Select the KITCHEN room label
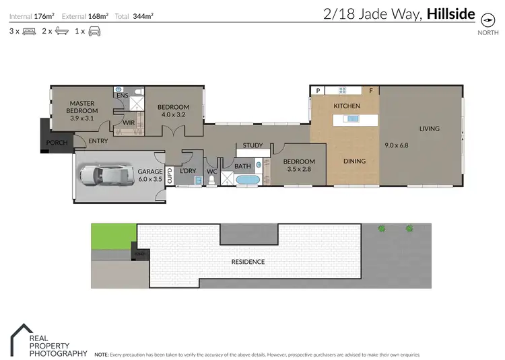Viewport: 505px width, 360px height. click(347, 106)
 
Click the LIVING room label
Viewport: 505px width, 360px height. click(429, 129)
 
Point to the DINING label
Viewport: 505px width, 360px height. click(354, 161)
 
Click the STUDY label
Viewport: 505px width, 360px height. click(252, 145)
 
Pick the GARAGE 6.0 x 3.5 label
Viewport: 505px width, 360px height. click(150, 175)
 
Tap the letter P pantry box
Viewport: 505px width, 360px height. click(318, 90)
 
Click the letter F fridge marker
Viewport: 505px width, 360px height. click(370, 90)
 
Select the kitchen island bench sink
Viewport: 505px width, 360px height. click(352, 119)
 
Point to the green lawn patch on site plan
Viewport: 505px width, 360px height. click(113, 236)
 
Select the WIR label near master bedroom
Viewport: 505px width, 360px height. click(128, 123)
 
